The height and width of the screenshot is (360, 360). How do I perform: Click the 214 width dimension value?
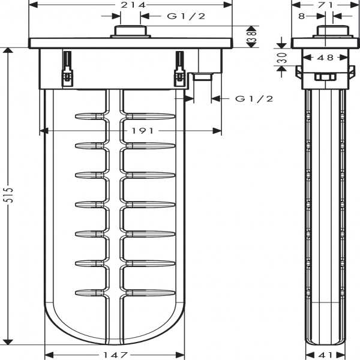130,5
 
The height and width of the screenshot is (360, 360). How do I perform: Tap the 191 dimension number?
131,131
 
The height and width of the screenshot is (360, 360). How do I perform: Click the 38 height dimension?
254,37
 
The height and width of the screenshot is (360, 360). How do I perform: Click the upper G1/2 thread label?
186,16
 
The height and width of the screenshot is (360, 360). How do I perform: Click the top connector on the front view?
131,32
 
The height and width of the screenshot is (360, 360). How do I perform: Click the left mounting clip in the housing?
68,70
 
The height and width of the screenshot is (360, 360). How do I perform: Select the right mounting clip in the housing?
179,70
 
